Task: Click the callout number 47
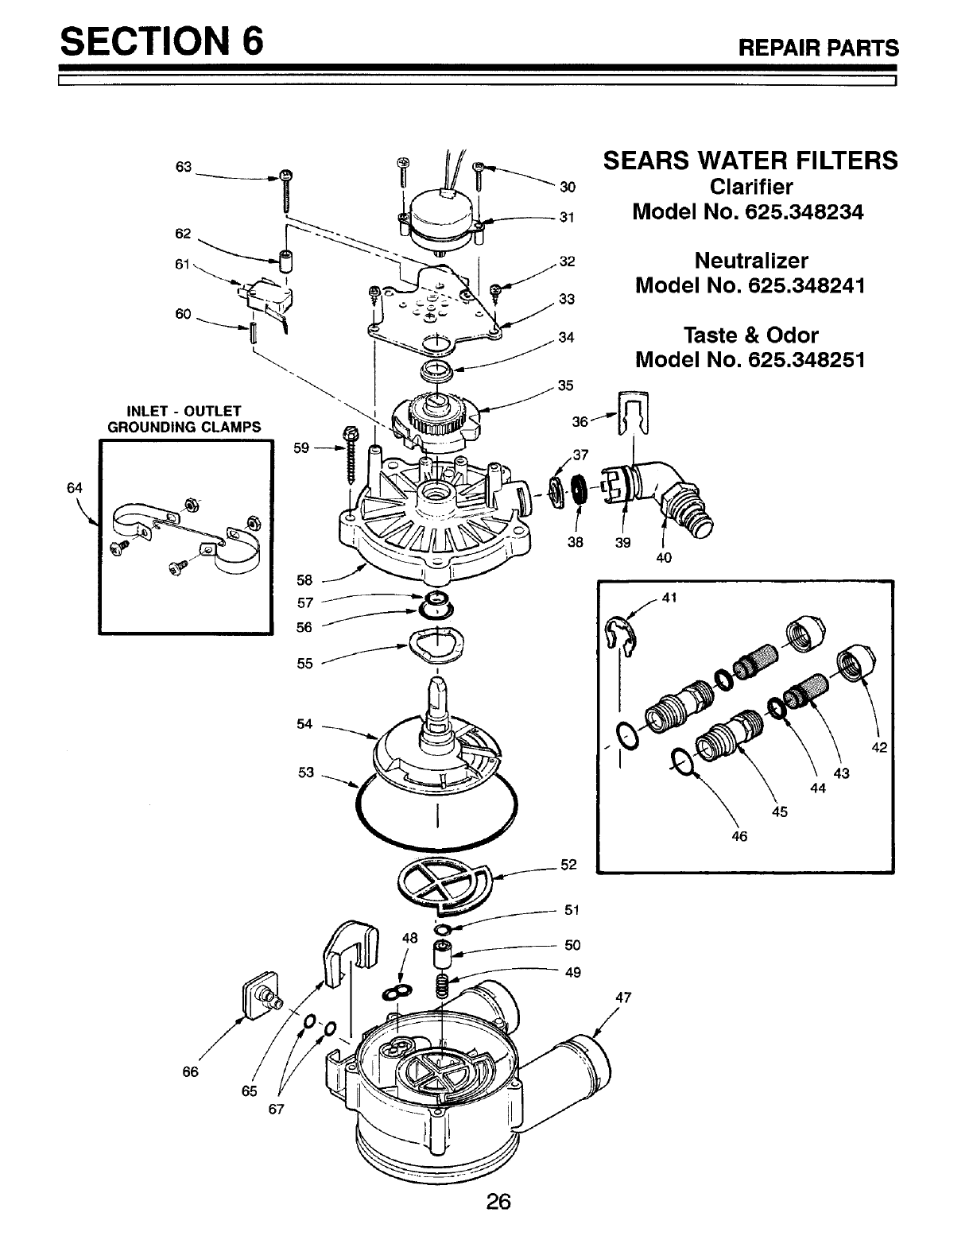[623, 998]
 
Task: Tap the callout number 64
[76, 487]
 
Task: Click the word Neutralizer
[750, 261]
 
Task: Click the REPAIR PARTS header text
[819, 48]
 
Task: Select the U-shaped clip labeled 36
[634, 413]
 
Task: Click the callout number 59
[301, 447]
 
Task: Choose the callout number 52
[568, 864]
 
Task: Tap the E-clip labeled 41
[619, 633]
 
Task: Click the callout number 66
[190, 1071]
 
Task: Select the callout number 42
[878, 747]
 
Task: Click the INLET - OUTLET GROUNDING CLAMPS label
[184, 419]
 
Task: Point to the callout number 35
[565, 385]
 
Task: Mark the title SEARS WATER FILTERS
[750, 161]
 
